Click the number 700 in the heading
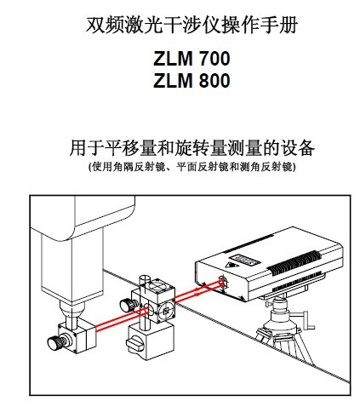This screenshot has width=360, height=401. coord(214,59)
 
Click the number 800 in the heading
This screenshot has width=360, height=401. coord(214,81)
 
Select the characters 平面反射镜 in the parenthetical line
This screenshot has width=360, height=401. coord(203,167)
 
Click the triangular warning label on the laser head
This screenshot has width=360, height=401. coord(232,266)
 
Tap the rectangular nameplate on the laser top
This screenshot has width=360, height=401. coord(245,260)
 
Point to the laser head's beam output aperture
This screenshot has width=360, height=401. coord(223,282)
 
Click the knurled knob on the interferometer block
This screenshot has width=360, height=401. coord(127,306)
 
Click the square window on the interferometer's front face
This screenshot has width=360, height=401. coord(166,311)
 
